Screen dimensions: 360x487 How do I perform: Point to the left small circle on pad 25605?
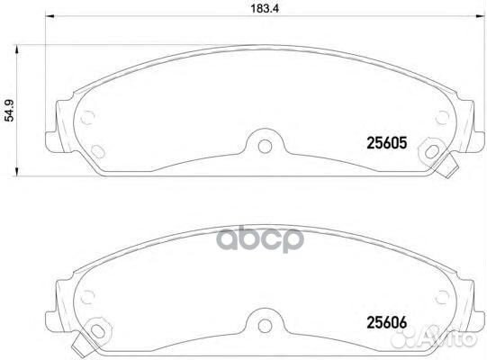(87, 118)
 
